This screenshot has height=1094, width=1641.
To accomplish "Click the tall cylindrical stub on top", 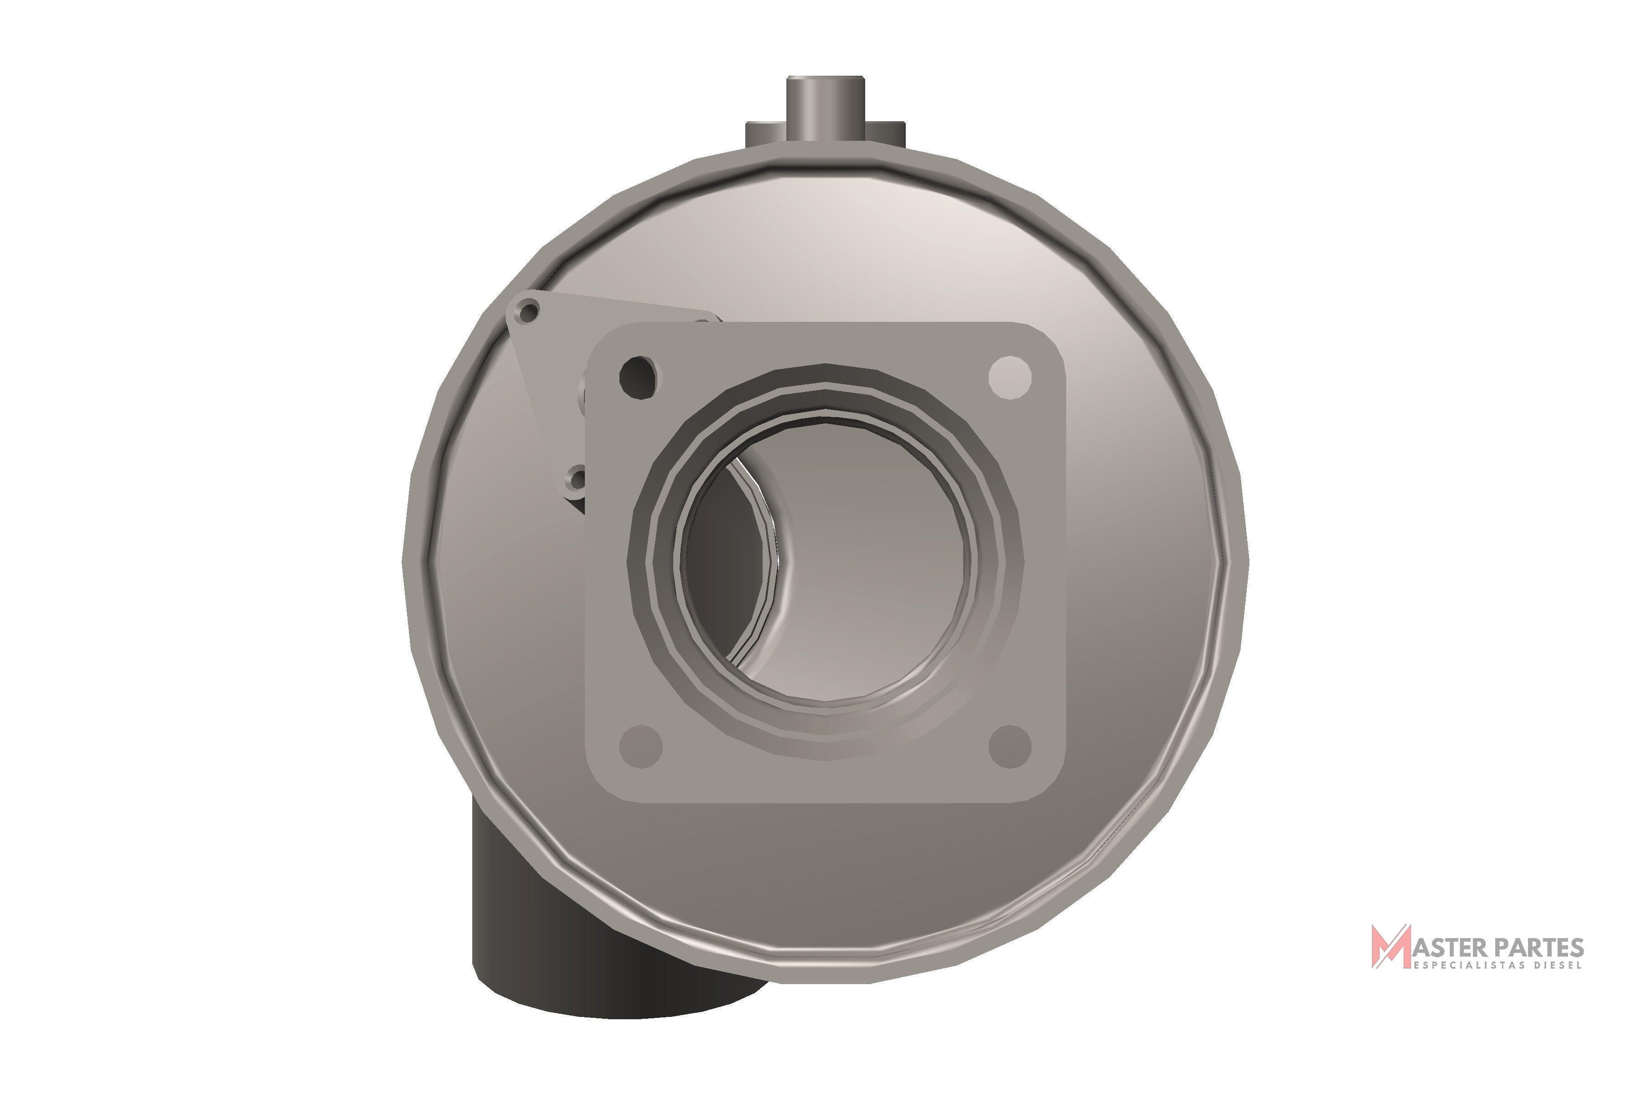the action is [826, 112].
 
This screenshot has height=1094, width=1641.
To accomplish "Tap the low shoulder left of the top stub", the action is [766, 134].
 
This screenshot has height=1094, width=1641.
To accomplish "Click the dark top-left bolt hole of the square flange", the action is [639, 377].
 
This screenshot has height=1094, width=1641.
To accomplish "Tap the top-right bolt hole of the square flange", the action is [1010, 377].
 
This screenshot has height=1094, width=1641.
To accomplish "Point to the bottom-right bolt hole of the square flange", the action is [1010, 746].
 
